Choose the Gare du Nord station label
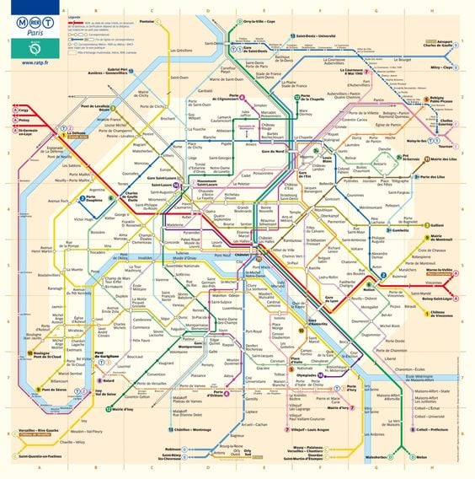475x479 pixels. [273, 151]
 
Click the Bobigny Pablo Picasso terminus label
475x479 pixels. [443, 101]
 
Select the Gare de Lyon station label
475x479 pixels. [334, 300]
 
